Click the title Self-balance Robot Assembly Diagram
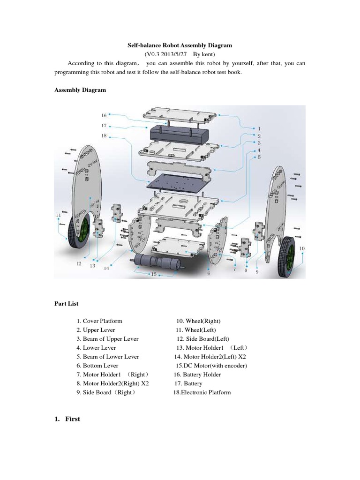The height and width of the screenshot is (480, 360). pyautogui.click(x=180, y=45)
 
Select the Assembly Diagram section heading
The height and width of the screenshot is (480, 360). pyautogui.click(x=80, y=90)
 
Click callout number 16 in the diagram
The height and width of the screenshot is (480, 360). pyautogui.click(x=104, y=115)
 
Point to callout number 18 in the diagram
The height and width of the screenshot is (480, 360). pyautogui.click(x=104, y=135)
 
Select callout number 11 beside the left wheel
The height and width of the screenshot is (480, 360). pyautogui.click(x=58, y=215)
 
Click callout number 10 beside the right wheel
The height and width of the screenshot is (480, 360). pyautogui.click(x=302, y=248)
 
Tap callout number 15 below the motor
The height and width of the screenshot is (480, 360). pyautogui.click(x=154, y=274)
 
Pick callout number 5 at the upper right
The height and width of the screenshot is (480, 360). pyautogui.click(x=259, y=157)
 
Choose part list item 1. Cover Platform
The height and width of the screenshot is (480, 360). pyautogui.click(x=99, y=321)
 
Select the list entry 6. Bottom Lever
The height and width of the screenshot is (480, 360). pyautogui.click(x=97, y=366)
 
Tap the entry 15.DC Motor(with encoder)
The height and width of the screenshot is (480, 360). pyautogui.click(x=211, y=366)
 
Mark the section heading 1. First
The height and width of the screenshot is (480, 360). pyautogui.click(x=67, y=419)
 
